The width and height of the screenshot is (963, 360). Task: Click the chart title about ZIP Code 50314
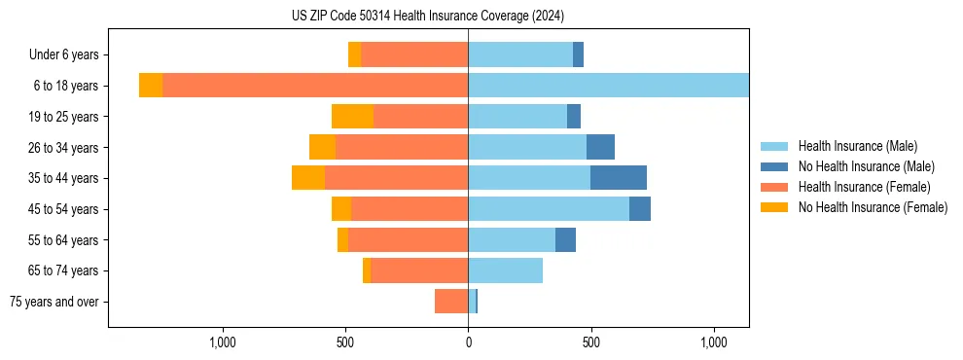(428, 17)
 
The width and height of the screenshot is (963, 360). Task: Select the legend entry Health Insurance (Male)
(857, 146)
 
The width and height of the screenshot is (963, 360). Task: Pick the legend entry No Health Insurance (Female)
(873, 207)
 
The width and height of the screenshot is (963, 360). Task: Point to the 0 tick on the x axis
(468, 342)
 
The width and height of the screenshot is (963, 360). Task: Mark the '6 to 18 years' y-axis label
(65, 86)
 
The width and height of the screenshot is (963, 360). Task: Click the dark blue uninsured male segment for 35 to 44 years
(619, 178)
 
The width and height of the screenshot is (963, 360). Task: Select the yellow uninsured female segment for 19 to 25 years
(352, 117)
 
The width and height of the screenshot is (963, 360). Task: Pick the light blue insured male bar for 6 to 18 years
(608, 86)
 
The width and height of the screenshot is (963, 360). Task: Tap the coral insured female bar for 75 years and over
(451, 302)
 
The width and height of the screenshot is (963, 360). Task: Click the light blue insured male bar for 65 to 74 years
(505, 270)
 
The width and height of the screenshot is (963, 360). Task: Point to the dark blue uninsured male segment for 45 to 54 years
(640, 209)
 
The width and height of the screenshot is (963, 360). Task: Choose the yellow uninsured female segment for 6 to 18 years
(151, 86)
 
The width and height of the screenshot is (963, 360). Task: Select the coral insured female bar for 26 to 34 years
(402, 147)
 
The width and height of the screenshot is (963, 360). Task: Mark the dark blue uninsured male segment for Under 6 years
(578, 55)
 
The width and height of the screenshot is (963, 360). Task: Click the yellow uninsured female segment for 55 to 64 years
(342, 239)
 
